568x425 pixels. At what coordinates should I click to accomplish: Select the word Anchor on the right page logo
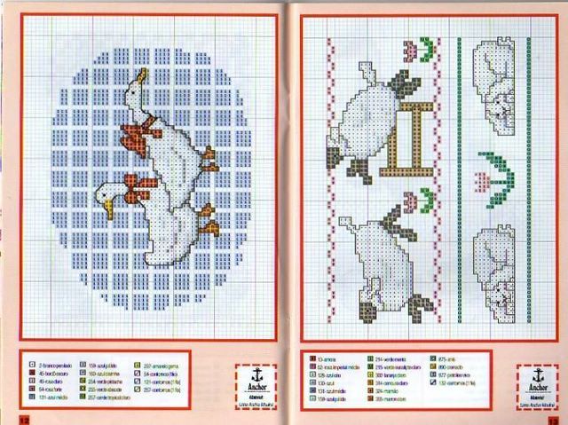point(535,387)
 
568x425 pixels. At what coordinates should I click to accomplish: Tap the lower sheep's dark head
point(404,238)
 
